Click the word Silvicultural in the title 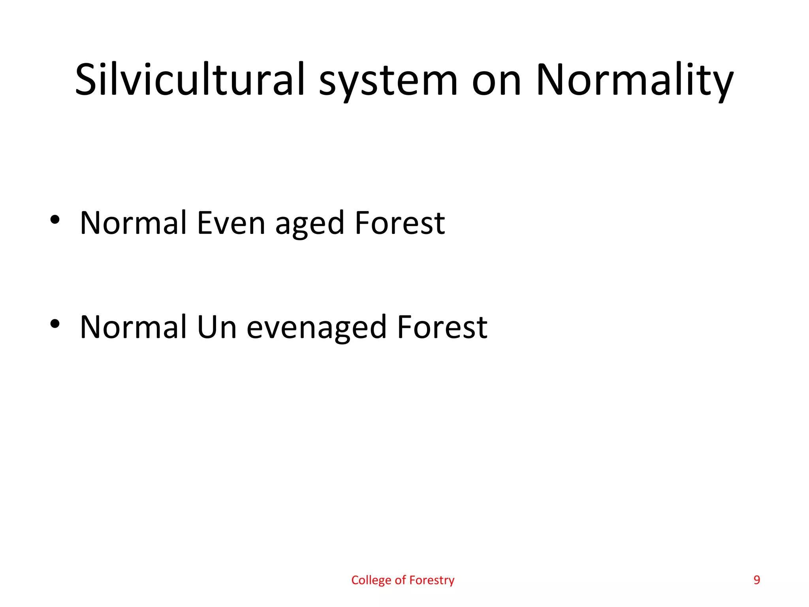190,80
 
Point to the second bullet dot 55,324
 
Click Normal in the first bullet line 133,223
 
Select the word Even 231,223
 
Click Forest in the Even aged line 400,223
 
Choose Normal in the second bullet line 133,327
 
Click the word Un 216,327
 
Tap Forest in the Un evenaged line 442,327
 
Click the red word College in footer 371,580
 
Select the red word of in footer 400,580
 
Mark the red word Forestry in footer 432,580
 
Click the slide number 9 757,580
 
